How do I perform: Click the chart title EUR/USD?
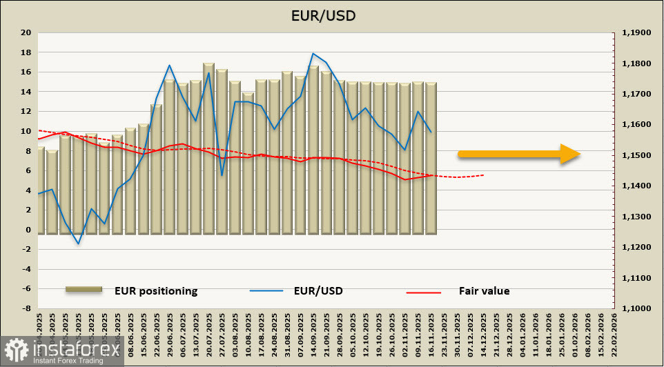coord(332,15)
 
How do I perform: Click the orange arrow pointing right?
coord(518,154)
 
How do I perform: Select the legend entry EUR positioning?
coord(156,291)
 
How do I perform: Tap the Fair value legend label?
coord(484,291)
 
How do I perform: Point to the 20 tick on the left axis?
coord(26,32)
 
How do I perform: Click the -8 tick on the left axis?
coord(26,308)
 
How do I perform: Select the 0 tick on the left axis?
coord(28,230)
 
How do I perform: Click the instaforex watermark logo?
coord(62,352)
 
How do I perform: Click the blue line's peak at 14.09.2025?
coord(313,53)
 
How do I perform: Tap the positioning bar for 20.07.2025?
coord(208,148)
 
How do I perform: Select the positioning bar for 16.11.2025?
coord(431,159)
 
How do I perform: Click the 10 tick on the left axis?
coord(26,131)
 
